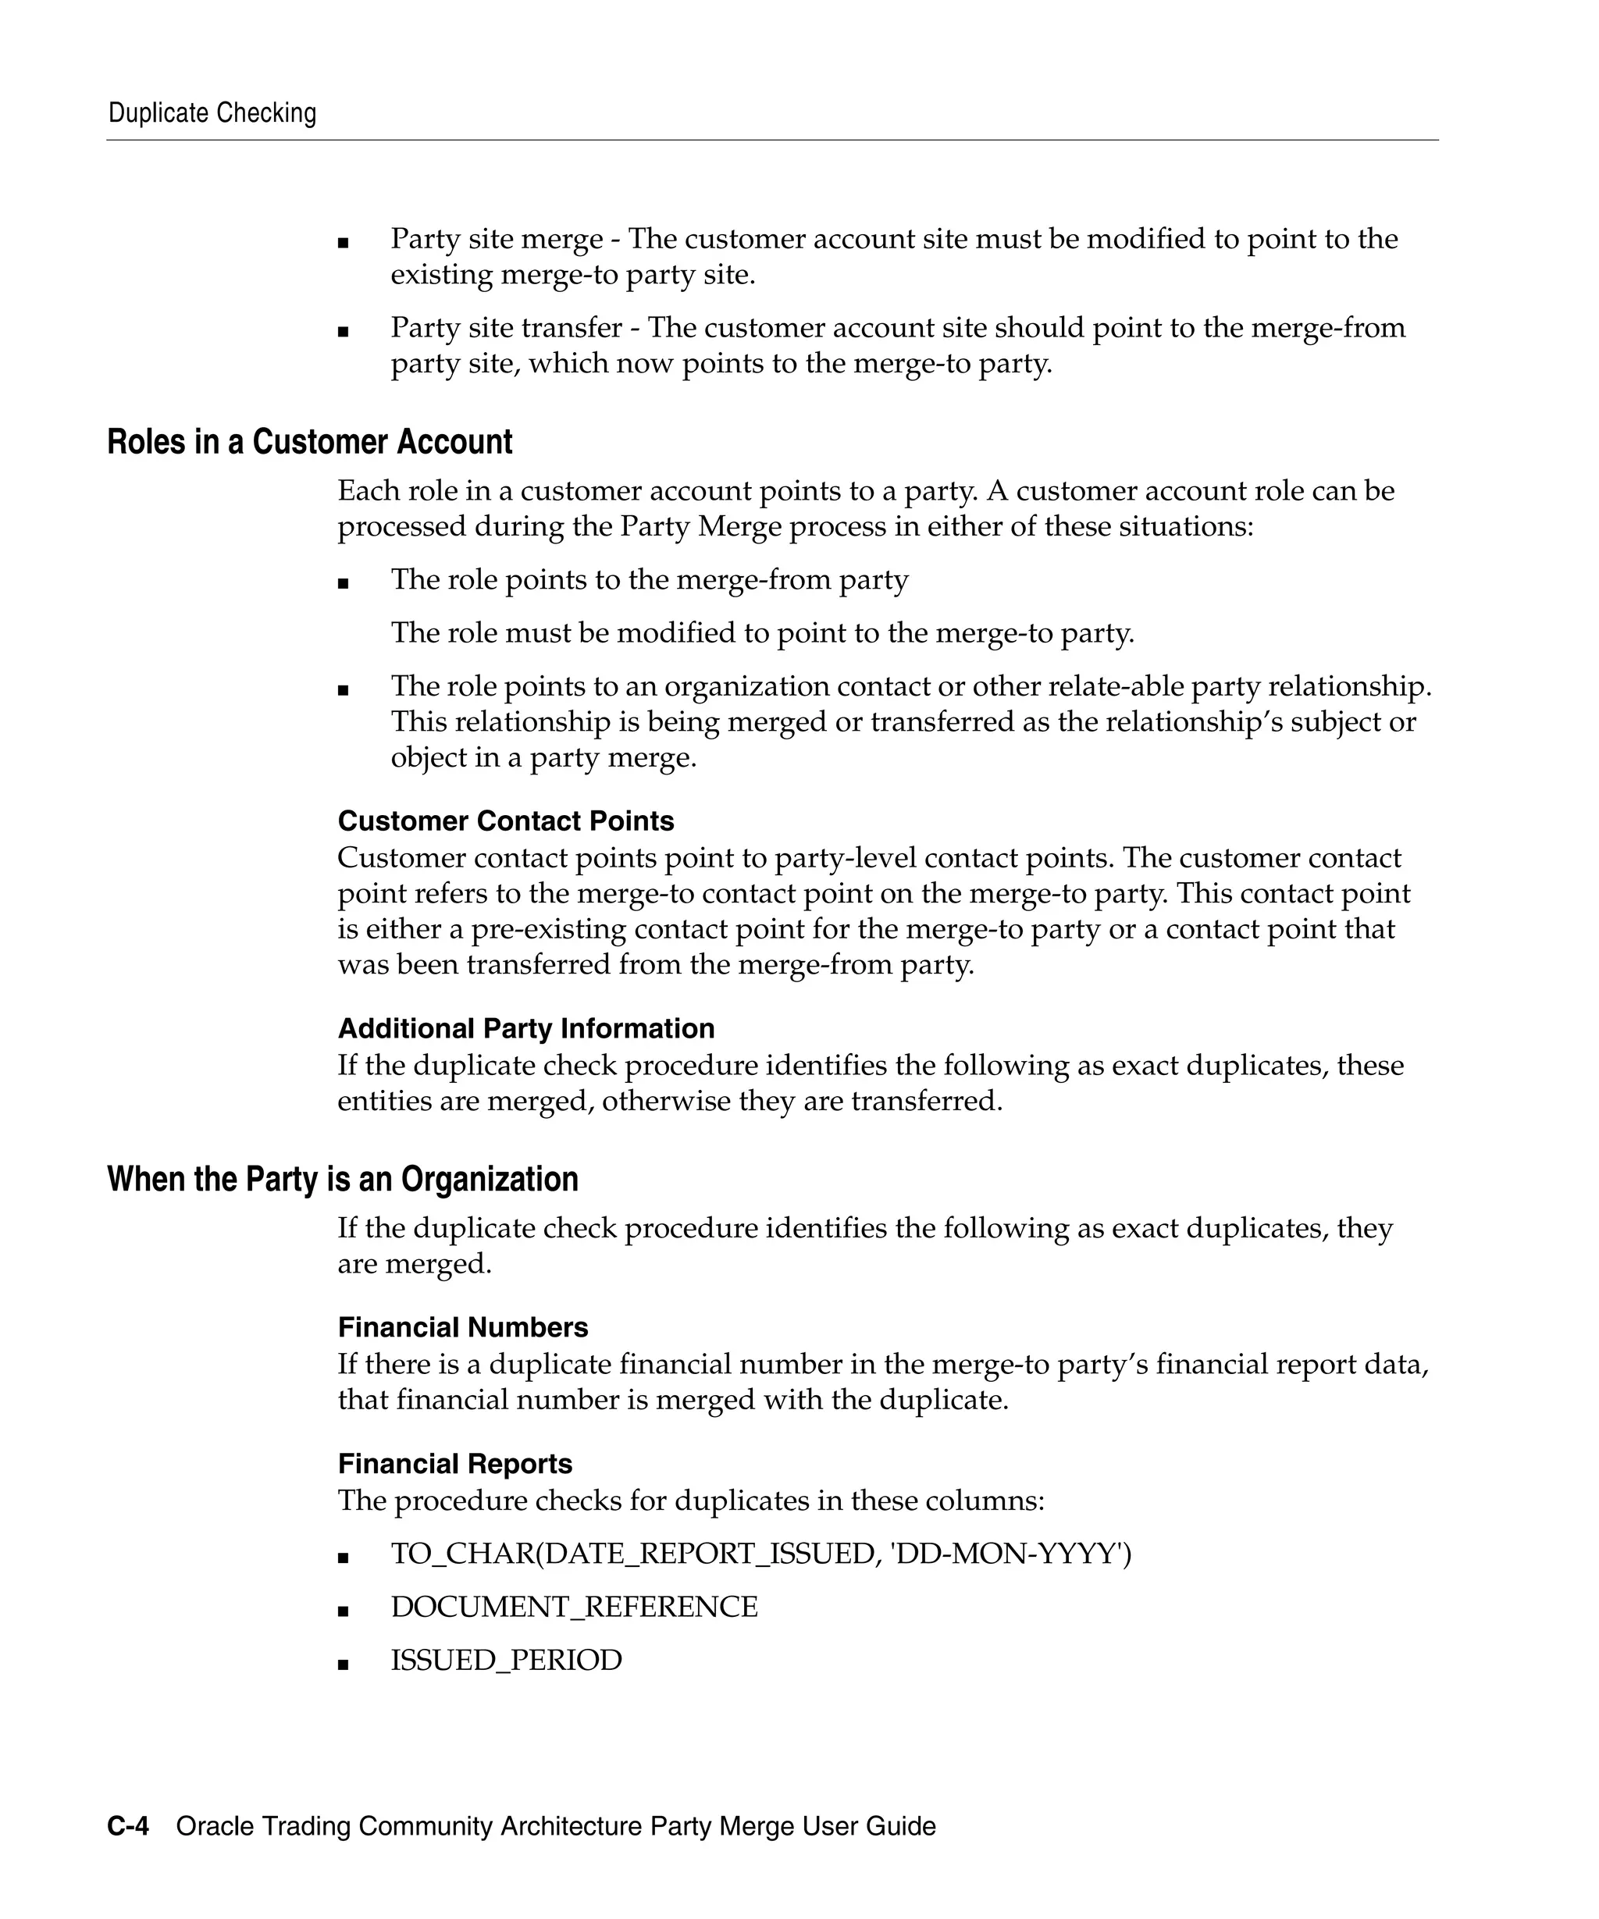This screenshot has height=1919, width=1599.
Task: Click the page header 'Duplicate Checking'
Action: [x=212, y=113]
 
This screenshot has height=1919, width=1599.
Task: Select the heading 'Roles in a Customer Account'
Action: [x=310, y=443]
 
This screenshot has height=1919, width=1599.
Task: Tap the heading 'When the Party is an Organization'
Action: [x=343, y=1180]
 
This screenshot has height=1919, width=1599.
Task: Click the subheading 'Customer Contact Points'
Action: [x=505, y=821]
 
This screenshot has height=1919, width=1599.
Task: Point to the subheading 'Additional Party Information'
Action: [x=525, y=1028]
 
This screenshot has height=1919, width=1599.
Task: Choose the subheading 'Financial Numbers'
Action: [x=462, y=1327]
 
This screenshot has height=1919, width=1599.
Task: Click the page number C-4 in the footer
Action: [x=128, y=1826]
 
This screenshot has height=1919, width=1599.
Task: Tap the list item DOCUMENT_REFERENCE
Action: [x=574, y=1607]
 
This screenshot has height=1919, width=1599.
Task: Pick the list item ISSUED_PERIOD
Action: [x=506, y=1660]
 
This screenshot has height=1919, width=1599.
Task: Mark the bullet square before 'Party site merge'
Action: [x=343, y=243]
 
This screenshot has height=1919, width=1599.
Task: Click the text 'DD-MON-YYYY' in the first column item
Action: [x=1009, y=1554]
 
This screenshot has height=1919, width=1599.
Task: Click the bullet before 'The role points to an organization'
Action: [x=343, y=691]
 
